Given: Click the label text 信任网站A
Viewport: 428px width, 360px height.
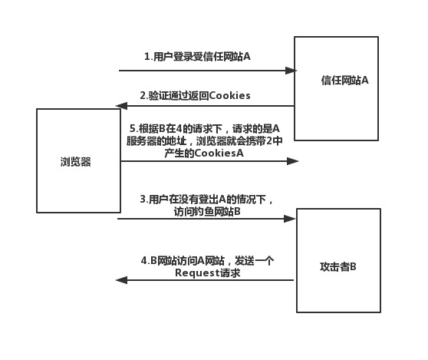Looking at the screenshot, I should click(344, 80).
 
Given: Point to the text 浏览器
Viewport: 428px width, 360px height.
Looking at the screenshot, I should click(75, 161).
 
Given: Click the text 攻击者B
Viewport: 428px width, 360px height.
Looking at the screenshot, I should click(337, 266).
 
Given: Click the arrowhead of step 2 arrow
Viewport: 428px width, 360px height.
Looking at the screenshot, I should click(120, 106).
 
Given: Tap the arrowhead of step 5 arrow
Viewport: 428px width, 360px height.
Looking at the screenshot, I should click(292, 161).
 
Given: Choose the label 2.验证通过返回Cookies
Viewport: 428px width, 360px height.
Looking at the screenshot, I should click(195, 95).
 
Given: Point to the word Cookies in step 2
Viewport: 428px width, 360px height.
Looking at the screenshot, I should click(228, 95).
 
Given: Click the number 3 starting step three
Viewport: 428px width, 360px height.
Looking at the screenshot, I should click(143, 200).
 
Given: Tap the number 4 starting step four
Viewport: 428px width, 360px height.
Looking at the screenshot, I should click(143, 261).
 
